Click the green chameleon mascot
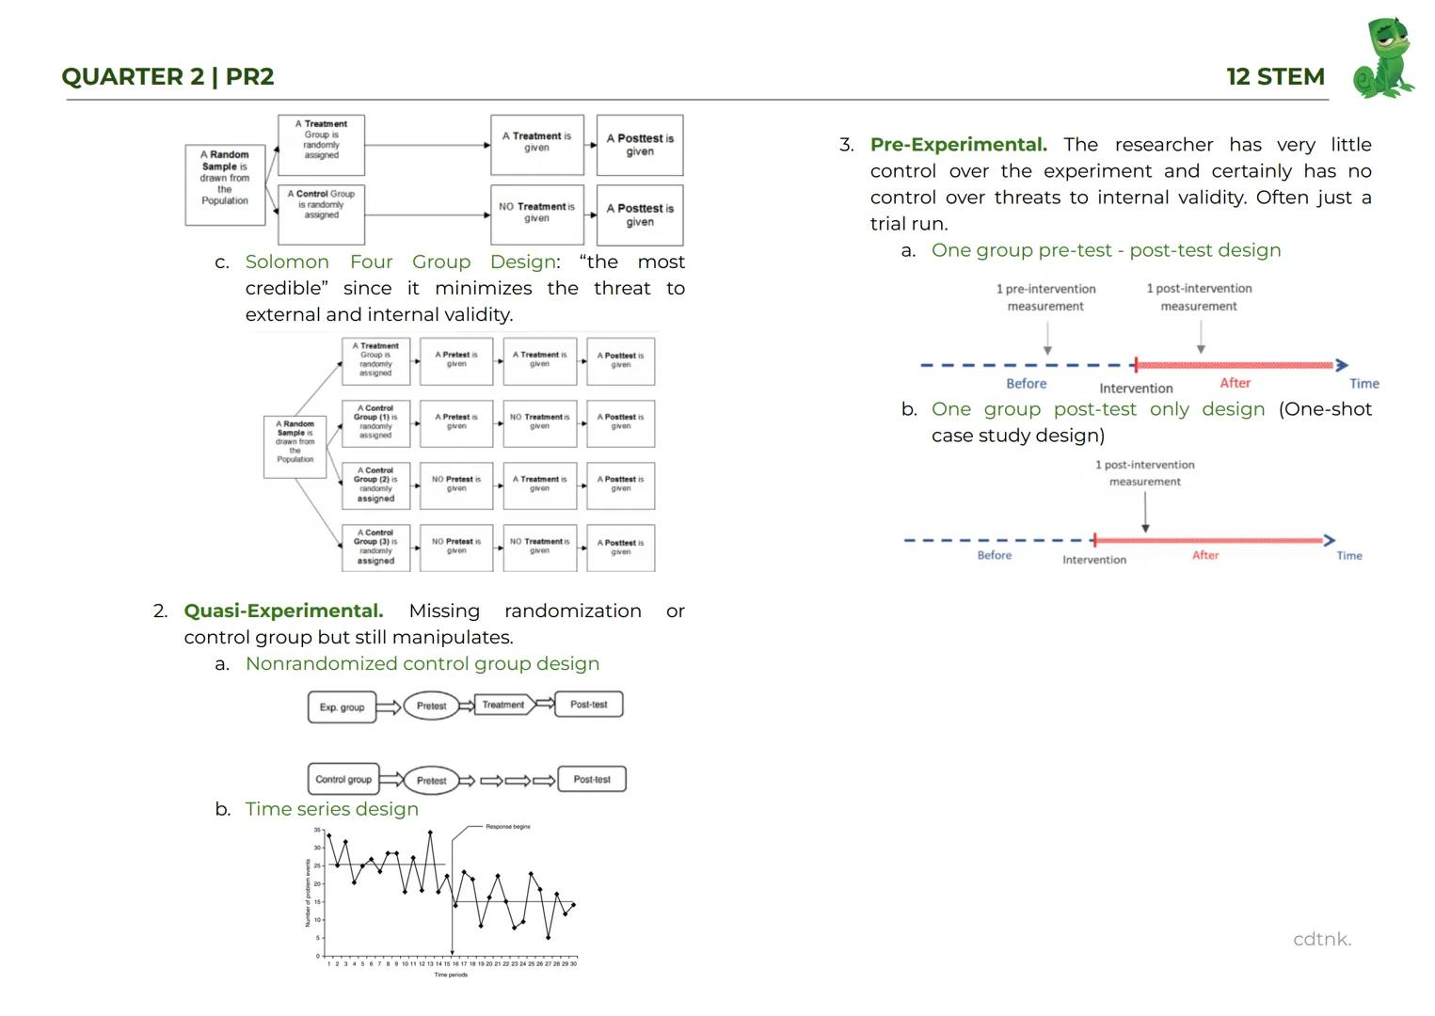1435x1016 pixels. [1384, 58]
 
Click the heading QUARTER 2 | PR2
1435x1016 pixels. [167, 77]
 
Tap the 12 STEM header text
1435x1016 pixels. [1275, 77]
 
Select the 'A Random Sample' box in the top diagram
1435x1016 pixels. [225, 177]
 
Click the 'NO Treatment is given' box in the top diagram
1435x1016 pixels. [536, 213]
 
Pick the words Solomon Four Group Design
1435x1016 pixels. [400, 262]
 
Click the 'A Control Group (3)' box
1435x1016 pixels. [375, 548]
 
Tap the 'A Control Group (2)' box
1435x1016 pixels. [375, 485]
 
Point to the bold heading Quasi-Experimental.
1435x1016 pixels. [283, 611]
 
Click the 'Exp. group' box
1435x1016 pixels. [342, 707]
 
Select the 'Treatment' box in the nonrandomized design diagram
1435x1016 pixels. [503, 705]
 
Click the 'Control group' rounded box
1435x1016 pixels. [343, 780]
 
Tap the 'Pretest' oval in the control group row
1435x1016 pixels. [431, 781]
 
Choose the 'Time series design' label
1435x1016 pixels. [331, 810]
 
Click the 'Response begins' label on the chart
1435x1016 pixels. [507, 827]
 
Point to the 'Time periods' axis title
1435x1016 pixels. [451, 975]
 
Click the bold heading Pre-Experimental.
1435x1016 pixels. [958, 145]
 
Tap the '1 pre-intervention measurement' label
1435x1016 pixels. [1045, 297]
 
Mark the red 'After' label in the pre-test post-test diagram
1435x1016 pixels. [1235, 383]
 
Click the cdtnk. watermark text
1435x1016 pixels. [1321, 939]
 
